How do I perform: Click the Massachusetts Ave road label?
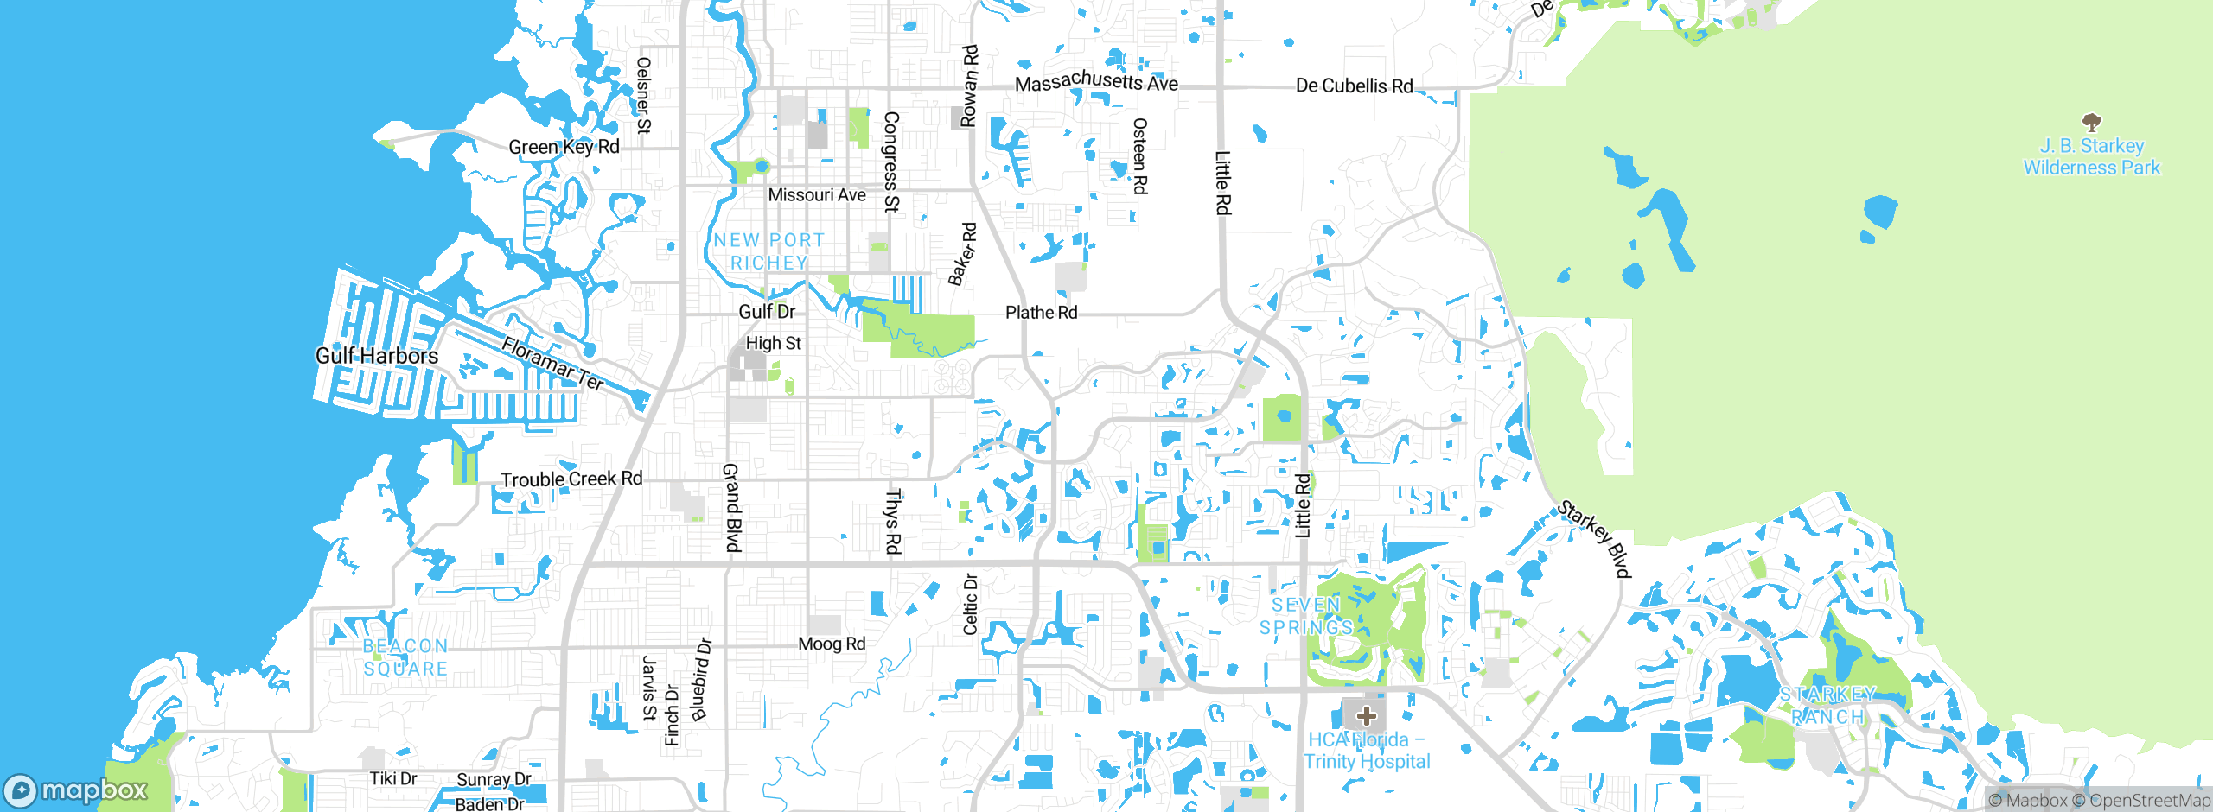coord(1096,82)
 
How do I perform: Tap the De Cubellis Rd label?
coord(1354,86)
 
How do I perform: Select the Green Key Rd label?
coord(564,147)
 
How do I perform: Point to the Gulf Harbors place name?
coord(377,356)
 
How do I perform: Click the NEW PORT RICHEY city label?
coord(768,251)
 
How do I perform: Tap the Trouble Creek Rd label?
coord(571,479)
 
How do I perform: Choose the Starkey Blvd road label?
coord(1594,539)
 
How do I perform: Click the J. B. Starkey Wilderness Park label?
coord(2091,157)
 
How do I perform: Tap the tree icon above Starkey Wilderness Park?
coord(2091,122)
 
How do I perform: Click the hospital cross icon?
coord(1366,716)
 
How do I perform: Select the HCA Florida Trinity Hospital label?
coord(1367,751)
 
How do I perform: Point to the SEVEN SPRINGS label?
coord(1306,616)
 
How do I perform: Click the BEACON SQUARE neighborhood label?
coord(405,657)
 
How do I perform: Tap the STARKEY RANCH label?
coord(1827,706)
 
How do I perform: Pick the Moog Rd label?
coord(832,644)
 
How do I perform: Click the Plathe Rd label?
coord(1041,313)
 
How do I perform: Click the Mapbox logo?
coord(76,790)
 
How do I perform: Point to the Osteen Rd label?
coord(1140,156)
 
